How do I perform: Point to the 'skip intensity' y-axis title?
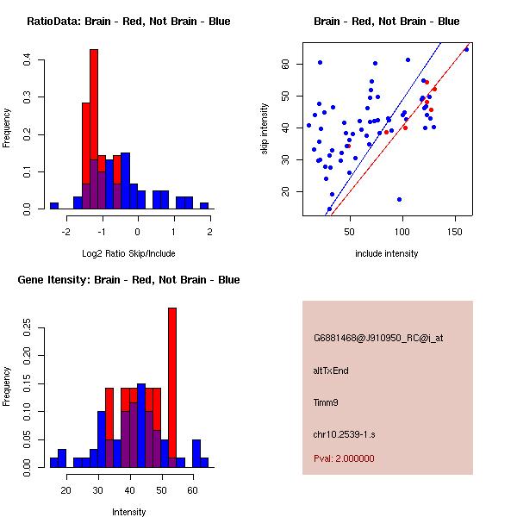266,128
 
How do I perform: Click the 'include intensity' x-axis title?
387,254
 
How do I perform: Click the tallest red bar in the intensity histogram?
172,388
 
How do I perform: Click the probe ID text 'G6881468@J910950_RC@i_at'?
378,339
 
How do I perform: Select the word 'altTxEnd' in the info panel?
331,371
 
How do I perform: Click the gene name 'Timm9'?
327,402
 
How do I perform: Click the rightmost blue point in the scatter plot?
466,49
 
